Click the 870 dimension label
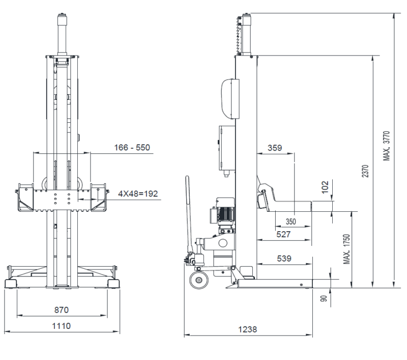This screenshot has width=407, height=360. pos(62,310)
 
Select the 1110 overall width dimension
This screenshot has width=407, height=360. pos(61,326)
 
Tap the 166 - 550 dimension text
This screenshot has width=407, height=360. pos(132,148)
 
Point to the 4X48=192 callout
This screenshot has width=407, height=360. pos(138,194)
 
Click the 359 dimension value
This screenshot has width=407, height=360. pos(275,148)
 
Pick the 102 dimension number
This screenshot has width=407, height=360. pos(325,187)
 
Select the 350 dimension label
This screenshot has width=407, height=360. pos(290,221)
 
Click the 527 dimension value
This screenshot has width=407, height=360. pos(283,234)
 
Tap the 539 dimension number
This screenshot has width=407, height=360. pos(284,259)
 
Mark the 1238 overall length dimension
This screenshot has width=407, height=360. pos(248,329)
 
